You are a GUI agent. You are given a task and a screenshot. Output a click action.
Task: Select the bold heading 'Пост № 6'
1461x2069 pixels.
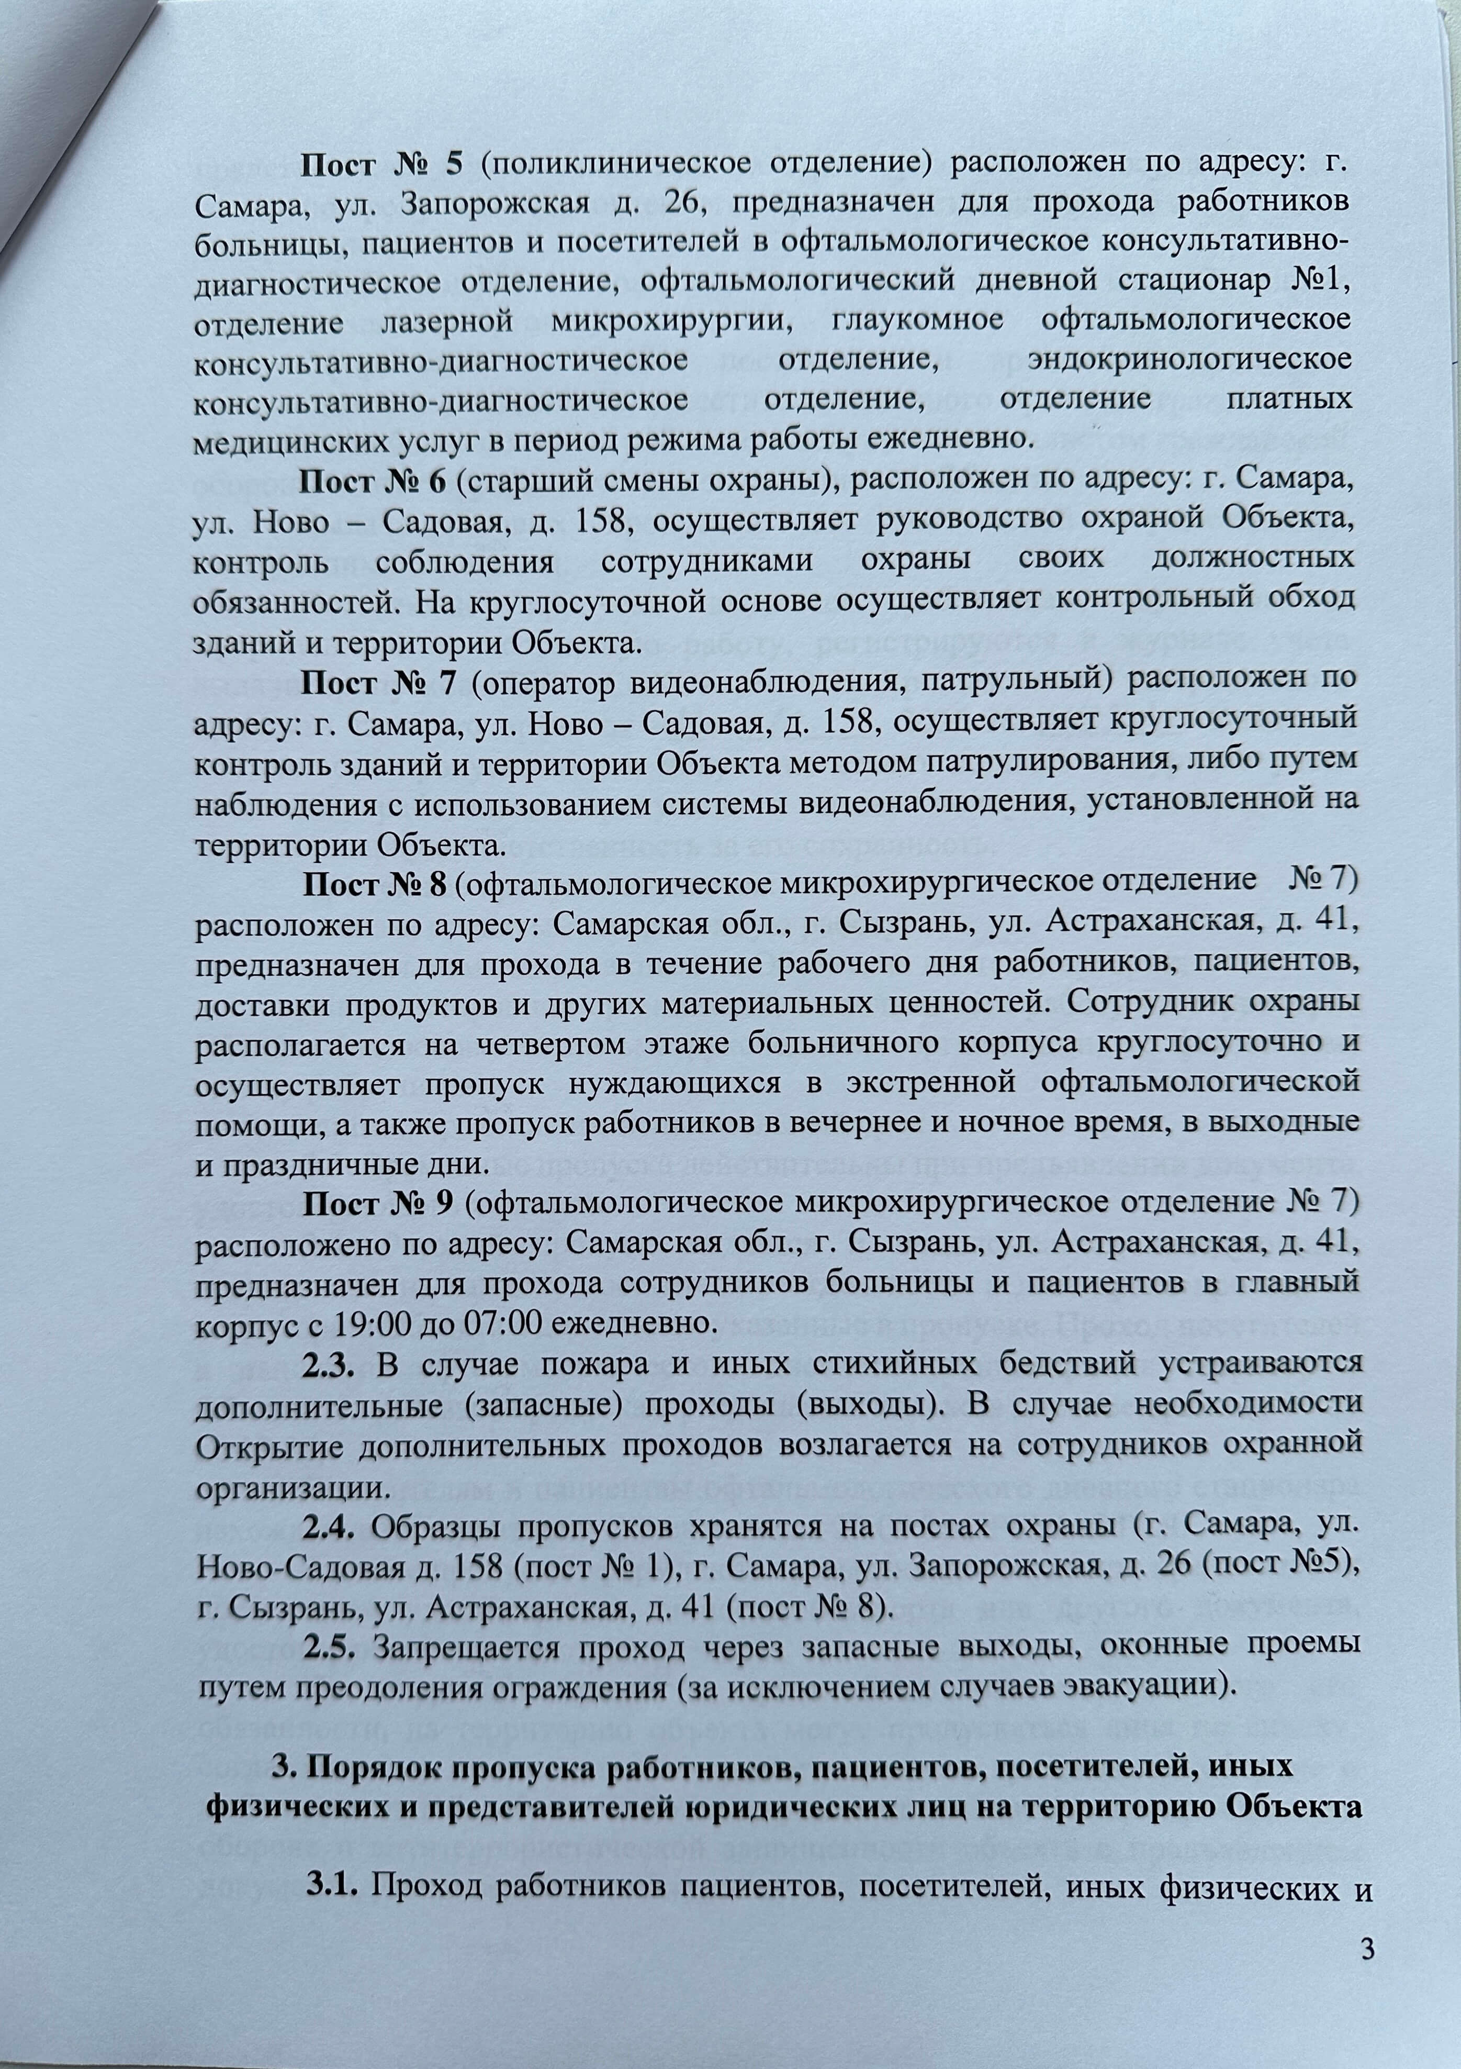point(373,483)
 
